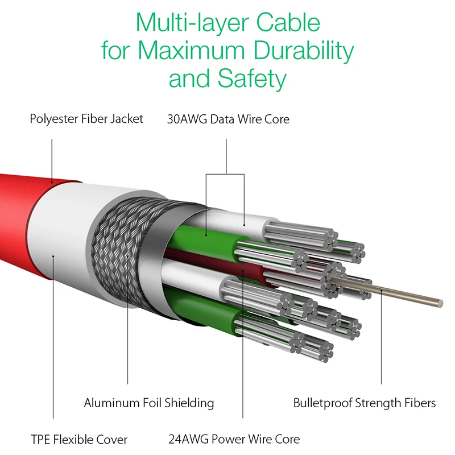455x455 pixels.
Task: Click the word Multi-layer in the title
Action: [189, 24]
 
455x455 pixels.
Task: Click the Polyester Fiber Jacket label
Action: [86, 119]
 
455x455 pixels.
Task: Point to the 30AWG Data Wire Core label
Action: [228, 119]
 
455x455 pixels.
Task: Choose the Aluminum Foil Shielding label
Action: [149, 403]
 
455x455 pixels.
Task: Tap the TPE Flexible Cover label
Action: [79, 440]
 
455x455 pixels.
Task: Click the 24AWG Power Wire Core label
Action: [234, 439]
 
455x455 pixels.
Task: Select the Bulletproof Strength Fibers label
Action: [365, 403]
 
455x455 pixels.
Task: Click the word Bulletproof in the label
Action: [322, 403]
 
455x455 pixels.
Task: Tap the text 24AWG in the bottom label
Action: [188, 439]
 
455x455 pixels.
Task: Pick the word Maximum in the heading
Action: [193, 51]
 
